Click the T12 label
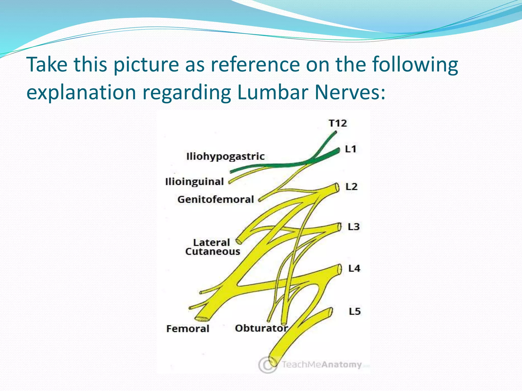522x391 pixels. click(x=338, y=123)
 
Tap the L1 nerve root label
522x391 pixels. click(x=350, y=149)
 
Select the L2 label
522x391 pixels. click(x=351, y=187)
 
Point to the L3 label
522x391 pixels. click(x=354, y=227)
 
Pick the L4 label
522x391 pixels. click(x=354, y=269)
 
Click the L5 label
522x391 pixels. click(x=355, y=311)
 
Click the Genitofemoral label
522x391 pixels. click(x=216, y=200)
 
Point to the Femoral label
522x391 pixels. click(x=188, y=329)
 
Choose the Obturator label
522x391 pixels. click(x=261, y=328)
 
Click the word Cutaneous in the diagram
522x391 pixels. click(x=213, y=252)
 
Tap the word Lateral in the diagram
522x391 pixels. click(x=212, y=242)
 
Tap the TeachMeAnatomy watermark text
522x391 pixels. click(x=322, y=365)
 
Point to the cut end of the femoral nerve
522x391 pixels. click(x=201, y=319)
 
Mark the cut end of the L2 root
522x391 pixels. click(x=337, y=188)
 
